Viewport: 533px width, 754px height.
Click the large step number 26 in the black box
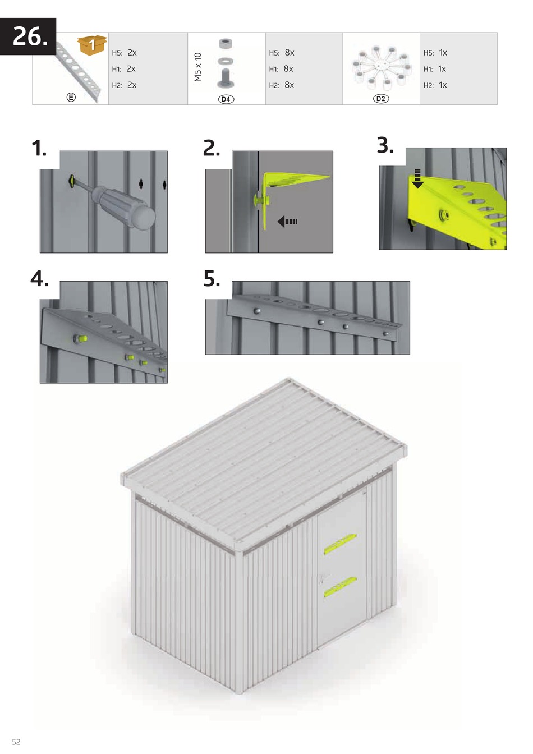click(30, 36)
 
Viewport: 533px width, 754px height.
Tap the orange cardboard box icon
click(91, 44)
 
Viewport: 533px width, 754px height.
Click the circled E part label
click(71, 97)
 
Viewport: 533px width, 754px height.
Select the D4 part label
click(226, 99)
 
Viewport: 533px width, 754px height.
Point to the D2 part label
click(381, 99)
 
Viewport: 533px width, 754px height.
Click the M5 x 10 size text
click(198, 67)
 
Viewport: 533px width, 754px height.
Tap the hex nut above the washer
click(225, 43)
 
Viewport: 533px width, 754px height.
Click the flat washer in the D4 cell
click(225, 62)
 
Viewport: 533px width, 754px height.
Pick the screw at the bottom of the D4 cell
click(225, 79)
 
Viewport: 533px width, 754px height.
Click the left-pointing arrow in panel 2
click(287, 222)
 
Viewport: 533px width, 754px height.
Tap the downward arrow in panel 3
click(417, 178)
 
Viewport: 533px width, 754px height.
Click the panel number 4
click(39, 278)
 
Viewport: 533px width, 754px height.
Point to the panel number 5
click(212, 278)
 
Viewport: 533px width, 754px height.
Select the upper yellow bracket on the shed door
click(340, 544)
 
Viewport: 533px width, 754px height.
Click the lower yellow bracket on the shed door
click(340, 587)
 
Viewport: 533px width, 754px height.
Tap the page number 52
click(16, 742)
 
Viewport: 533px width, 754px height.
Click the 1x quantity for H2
click(443, 85)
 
